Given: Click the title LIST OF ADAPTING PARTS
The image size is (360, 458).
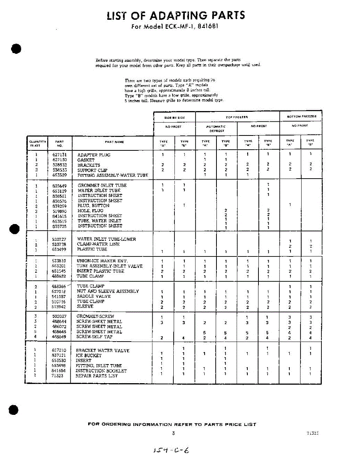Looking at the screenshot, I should (x=176, y=16).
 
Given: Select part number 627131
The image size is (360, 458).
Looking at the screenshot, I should (x=59, y=155).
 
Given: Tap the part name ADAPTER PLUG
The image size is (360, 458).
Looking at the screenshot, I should (x=94, y=155).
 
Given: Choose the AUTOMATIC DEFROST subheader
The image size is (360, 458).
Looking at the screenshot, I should (x=216, y=128).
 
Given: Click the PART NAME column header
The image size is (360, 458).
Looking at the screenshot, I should (x=114, y=142).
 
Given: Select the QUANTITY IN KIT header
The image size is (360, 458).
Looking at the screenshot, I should (x=38, y=144).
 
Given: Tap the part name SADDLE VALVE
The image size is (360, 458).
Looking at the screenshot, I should (x=90, y=297).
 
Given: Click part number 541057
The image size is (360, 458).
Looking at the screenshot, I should (x=59, y=297).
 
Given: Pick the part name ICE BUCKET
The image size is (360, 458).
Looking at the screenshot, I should (x=89, y=355).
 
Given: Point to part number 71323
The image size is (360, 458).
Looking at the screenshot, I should (x=58, y=376).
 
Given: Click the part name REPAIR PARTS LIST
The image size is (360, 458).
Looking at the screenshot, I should (x=97, y=376).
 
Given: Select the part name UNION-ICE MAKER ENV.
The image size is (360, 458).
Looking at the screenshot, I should (x=99, y=261).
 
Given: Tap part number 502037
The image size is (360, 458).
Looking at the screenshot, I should (x=59, y=316).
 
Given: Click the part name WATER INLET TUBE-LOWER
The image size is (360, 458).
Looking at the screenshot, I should (x=106, y=239).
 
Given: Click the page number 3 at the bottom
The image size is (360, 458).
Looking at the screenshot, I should (x=173, y=433).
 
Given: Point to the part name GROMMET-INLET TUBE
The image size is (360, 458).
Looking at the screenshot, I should (x=102, y=185).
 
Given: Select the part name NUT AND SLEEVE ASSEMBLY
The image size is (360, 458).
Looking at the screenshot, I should (x=108, y=291).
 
